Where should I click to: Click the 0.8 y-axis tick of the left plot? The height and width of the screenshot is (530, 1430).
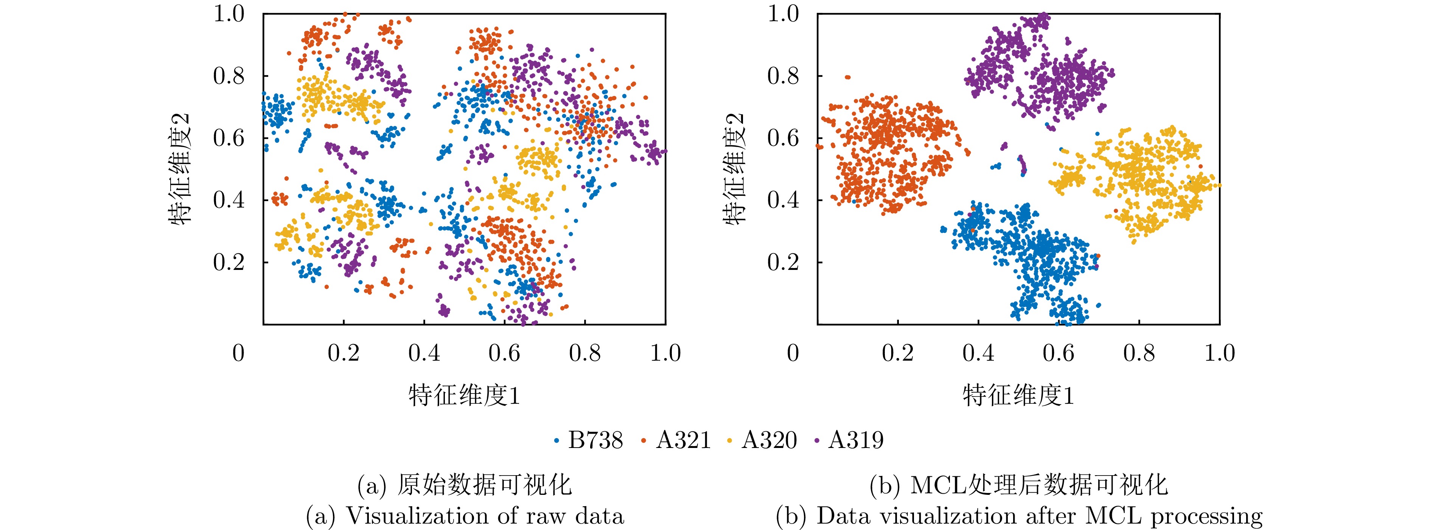coord(229,76)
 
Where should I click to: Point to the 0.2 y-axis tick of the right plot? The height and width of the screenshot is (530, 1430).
coord(783,262)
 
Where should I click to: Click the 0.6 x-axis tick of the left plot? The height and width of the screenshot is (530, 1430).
coord(504,353)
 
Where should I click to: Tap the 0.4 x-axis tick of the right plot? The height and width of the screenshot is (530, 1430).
coord(978,353)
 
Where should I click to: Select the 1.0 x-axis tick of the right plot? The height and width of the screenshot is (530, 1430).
coord(1220,353)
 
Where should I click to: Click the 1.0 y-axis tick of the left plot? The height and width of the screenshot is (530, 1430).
coord(229,14)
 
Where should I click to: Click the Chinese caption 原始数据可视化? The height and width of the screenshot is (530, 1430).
coord(484,485)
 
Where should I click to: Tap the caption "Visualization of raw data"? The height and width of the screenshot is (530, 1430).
coord(485,516)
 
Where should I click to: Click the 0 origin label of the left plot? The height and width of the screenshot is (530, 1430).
coord(238,353)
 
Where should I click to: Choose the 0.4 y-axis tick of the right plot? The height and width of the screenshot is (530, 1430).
coord(783,200)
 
